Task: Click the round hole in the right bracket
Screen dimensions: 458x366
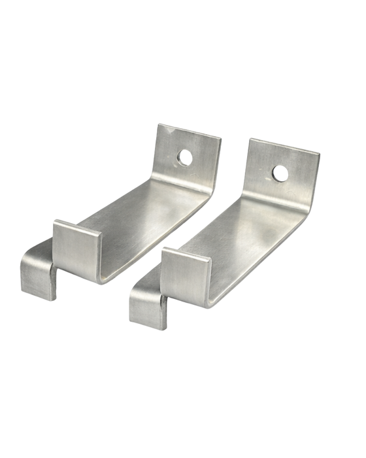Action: coord(279,173)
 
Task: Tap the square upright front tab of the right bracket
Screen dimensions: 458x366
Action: coord(184,275)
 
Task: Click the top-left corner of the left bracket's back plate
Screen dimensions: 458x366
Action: coord(159,124)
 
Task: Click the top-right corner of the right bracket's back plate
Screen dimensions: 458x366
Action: coord(320,154)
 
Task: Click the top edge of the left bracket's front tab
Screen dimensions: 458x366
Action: coord(77,226)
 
